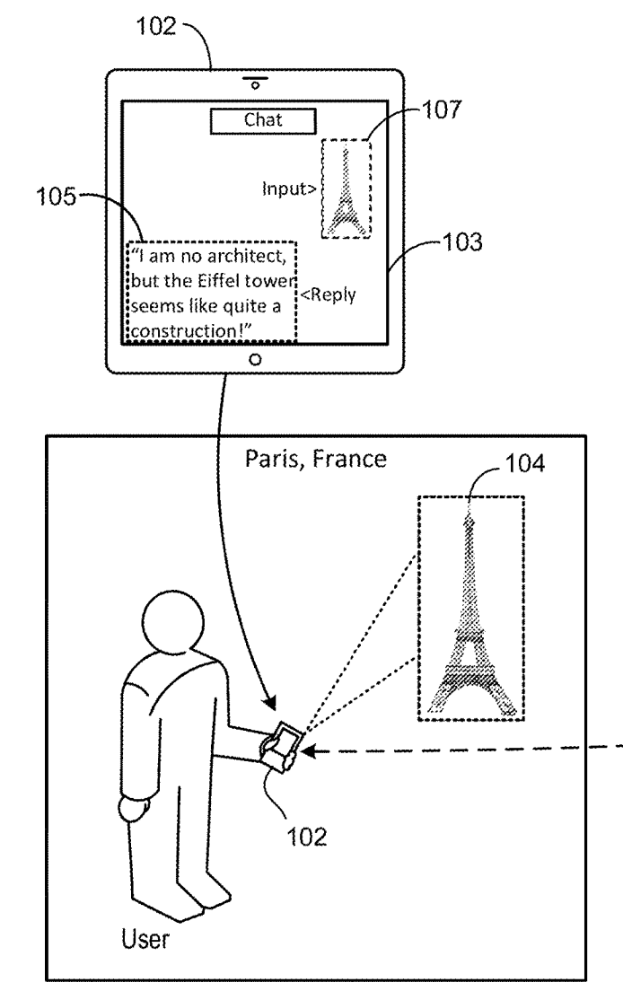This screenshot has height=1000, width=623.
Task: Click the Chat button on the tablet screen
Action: click(x=264, y=120)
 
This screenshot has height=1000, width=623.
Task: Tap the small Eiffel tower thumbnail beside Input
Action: click(x=345, y=189)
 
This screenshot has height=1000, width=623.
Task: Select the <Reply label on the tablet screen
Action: click(x=329, y=295)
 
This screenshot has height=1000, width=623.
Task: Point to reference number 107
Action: click(x=446, y=110)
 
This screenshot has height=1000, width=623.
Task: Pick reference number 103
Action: click(x=464, y=241)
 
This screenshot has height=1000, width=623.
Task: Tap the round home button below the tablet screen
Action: click(x=256, y=359)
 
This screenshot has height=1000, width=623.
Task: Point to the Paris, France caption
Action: click(x=316, y=461)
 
